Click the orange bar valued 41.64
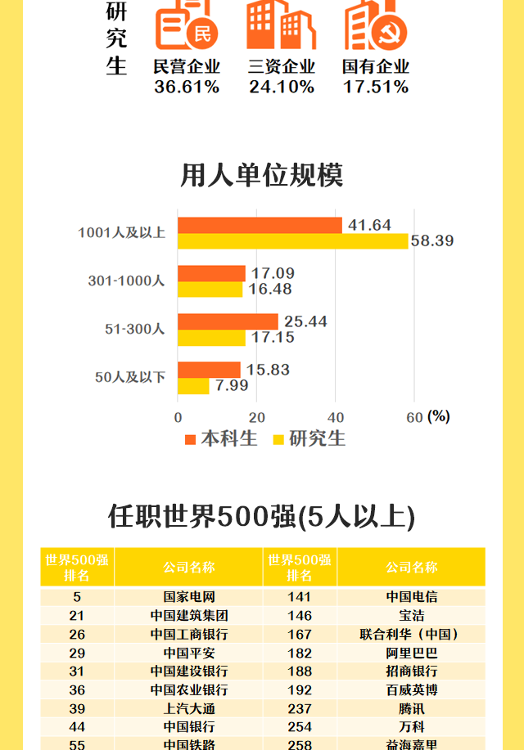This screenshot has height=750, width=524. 260,225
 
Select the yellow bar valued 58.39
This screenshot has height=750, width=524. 292,241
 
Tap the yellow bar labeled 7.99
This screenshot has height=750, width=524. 193,386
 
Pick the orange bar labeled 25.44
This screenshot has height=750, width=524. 228,321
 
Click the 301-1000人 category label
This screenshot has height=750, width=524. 126,281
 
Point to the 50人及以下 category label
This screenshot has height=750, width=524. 130,377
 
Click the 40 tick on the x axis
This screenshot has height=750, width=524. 336,417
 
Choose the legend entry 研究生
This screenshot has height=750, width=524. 309,438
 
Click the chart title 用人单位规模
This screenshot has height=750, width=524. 262,175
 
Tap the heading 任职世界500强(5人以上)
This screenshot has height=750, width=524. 262,516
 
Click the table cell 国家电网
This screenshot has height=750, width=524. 189,597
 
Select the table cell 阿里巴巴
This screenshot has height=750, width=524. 411,653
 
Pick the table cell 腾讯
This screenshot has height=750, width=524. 411,708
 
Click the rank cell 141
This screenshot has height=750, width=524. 300,597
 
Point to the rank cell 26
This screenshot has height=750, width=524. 77,634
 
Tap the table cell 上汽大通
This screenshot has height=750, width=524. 189,708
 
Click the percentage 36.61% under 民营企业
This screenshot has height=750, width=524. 187,87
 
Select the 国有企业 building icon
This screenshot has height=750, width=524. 376,26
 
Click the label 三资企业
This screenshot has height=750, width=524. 282,67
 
